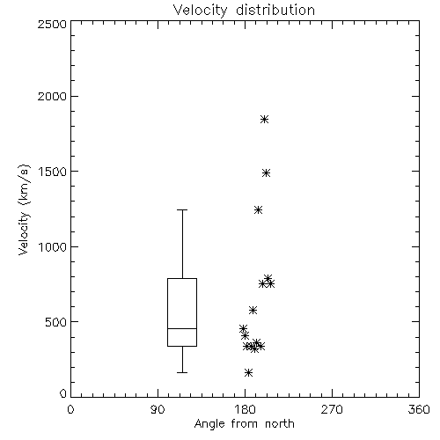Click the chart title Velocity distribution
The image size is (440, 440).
(x=244, y=11)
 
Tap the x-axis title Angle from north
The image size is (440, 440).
(x=244, y=424)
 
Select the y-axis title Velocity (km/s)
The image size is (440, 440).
(x=24, y=209)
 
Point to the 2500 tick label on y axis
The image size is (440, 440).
(x=52, y=24)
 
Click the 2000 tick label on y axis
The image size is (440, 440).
(x=52, y=96)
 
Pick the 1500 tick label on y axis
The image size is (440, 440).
(x=53, y=172)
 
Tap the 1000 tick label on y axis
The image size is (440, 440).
(x=53, y=247)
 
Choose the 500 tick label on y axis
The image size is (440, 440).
(x=56, y=322)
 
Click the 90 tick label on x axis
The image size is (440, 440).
(x=158, y=409)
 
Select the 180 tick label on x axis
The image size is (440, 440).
(x=245, y=409)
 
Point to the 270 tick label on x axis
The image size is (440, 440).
(x=332, y=409)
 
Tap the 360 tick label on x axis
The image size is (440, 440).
(x=419, y=409)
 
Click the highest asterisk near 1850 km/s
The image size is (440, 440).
(x=265, y=119)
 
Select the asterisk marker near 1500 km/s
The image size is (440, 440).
(x=266, y=173)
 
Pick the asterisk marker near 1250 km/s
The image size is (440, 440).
(x=258, y=209)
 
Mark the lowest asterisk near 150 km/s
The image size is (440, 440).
(x=249, y=373)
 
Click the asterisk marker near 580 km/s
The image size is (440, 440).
(x=253, y=310)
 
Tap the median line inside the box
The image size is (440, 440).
(x=182, y=328)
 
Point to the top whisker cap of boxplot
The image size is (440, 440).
(x=182, y=209)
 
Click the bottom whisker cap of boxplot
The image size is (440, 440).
(x=182, y=372)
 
